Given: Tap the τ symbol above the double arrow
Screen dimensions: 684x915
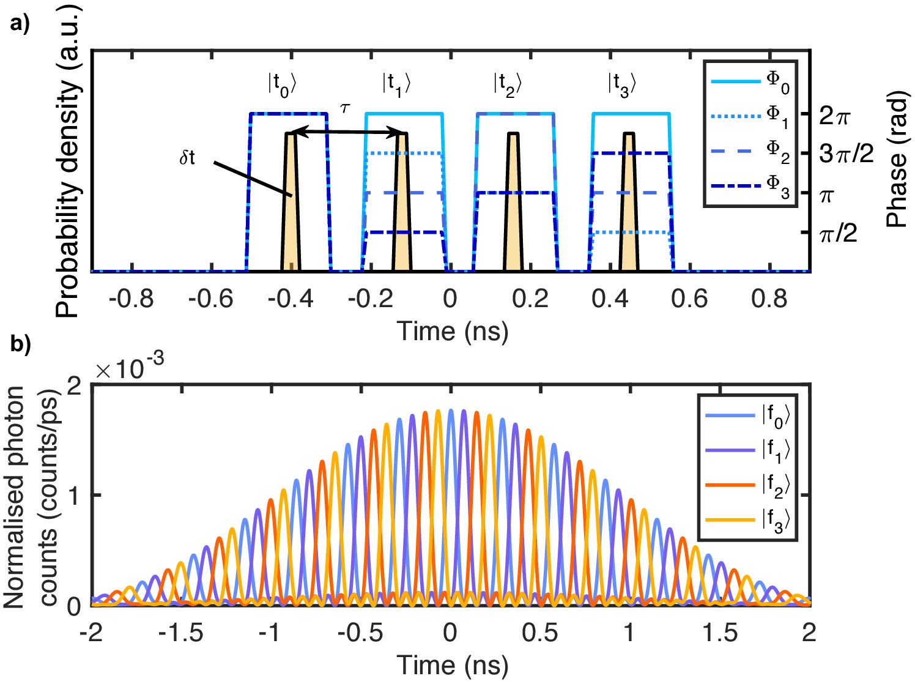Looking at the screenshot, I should pos(346,108).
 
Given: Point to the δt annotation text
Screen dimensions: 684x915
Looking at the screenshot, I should pos(187,158).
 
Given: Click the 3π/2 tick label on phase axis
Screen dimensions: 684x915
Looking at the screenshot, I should pos(846,155).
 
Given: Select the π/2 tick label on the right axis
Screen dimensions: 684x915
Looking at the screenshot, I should pos(838,233).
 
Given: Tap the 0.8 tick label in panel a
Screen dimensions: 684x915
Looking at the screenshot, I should pos(769,299).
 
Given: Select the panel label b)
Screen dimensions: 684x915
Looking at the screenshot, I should pos(20,344).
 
